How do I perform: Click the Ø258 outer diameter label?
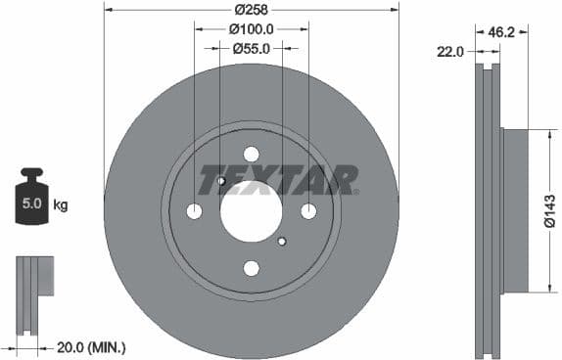pos(251,10)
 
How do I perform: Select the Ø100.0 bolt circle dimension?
pos(251,29)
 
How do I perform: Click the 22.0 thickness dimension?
pos(449,52)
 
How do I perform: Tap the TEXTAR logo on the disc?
pos(278,180)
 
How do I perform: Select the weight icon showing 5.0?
pos(32,202)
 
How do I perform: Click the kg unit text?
pos(61,205)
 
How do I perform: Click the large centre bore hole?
pos(251,210)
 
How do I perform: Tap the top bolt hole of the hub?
pos(251,154)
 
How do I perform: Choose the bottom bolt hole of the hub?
pos(251,268)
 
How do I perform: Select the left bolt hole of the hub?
pos(194,211)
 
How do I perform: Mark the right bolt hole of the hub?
pos(308,211)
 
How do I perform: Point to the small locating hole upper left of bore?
pos(221,181)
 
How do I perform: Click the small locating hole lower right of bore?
pos(281,241)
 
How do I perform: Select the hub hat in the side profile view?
pos(515,210)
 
